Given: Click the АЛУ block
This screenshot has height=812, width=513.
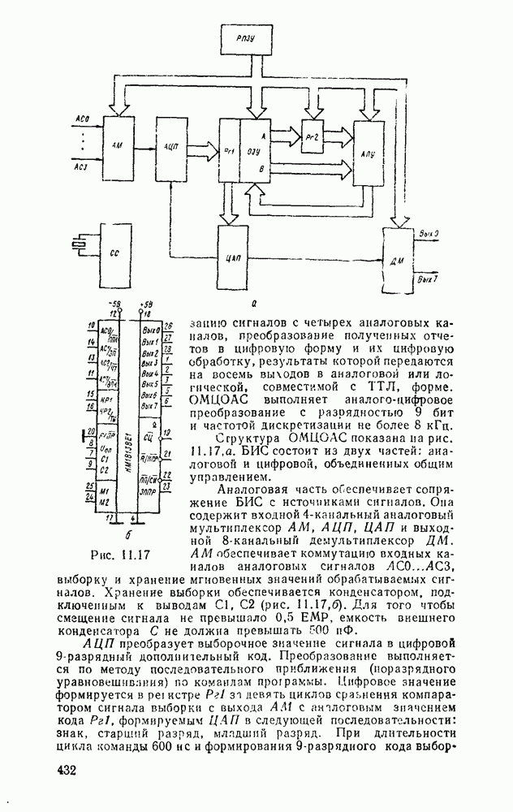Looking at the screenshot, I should coord(368,152).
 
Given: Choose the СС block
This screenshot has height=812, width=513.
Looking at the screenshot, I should coord(114,253).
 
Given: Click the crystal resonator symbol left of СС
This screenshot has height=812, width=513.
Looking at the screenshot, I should coord(76,244).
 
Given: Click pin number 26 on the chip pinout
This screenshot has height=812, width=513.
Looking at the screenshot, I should coord(167,327).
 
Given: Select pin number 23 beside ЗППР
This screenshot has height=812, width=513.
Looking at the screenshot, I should coord(167,486).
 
